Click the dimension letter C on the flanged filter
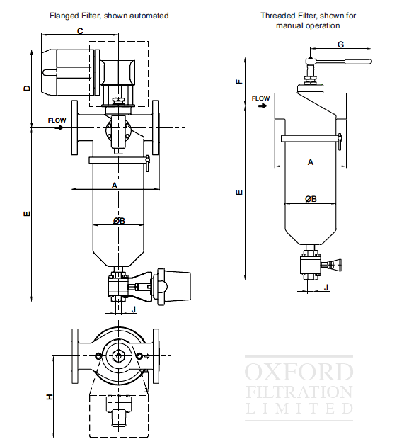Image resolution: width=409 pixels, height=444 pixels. (80, 31)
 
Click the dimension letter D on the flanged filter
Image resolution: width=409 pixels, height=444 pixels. (27, 89)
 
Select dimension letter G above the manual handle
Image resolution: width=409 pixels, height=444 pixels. (340, 44)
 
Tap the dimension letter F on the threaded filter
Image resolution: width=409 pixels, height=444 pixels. (238, 81)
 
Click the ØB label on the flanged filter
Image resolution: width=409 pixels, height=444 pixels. (119, 221)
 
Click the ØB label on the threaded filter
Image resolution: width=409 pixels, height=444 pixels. (311, 199)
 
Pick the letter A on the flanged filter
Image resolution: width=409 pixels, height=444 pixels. (114, 185)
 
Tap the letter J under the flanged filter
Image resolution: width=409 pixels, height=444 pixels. (133, 309)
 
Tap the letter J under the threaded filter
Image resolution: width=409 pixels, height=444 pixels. (326, 288)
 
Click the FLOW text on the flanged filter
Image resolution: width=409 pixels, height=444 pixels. (57, 120)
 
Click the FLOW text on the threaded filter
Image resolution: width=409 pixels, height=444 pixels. (260, 98)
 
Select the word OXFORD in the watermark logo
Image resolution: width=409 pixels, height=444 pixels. (299, 372)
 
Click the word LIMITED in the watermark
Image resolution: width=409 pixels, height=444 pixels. (299, 408)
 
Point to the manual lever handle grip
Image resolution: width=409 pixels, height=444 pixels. (358, 61)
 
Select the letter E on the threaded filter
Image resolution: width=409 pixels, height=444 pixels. (238, 192)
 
